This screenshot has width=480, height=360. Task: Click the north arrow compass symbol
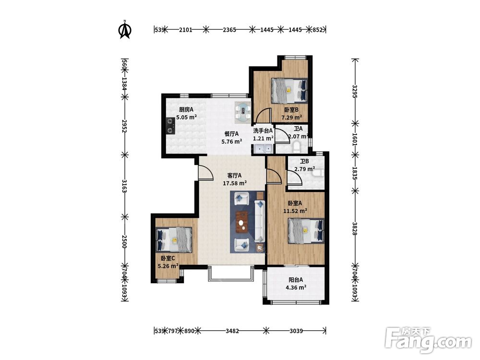(x=125, y=29)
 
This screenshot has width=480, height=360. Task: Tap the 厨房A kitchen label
(x=186, y=109)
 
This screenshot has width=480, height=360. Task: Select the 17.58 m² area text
(x=235, y=183)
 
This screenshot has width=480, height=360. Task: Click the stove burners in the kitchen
(x=170, y=126)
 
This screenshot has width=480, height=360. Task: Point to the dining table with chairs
(x=243, y=112)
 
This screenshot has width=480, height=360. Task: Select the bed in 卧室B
(x=289, y=90)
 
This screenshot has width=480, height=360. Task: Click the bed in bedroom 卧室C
(x=174, y=240)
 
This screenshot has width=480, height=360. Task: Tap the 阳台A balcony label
(x=296, y=279)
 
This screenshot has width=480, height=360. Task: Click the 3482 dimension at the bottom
(x=232, y=331)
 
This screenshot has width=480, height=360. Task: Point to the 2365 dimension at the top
(x=229, y=30)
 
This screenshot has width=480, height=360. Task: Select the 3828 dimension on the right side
(x=355, y=228)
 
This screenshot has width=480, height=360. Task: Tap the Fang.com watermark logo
(x=428, y=340)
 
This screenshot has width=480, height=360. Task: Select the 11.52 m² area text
(x=295, y=211)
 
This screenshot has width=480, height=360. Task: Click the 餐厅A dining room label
(x=231, y=133)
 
